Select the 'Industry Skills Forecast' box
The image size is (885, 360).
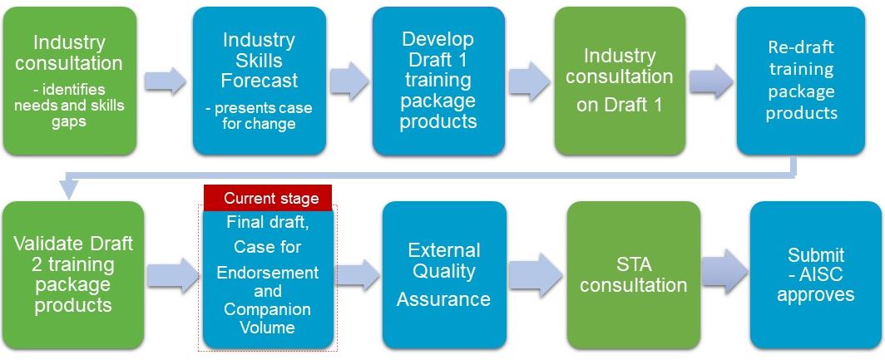click(x=259, y=81)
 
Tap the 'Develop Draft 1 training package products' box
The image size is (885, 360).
click(x=438, y=81)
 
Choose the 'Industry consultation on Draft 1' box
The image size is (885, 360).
click(x=620, y=81)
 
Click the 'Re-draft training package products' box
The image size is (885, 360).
click(x=801, y=81)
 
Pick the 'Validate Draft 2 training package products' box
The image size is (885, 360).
click(x=73, y=275)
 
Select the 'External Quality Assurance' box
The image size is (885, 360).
click(x=443, y=275)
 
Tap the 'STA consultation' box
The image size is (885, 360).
click(x=634, y=275)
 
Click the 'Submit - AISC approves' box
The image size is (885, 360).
click(x=816, y=275)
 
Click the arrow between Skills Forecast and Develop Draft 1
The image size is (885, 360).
click(x=349, y=81)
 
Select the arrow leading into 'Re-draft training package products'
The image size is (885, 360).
click(x=711, y=81)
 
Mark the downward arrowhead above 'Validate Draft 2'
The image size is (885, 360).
click(x=69, y=189)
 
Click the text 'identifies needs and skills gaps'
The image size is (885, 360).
click(x=69, y=106)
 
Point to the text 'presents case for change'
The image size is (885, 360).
click(x=259, y=115)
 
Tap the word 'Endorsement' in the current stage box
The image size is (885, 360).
click(x=268, y=273)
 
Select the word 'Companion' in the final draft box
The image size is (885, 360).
click(x=268, y=309)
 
